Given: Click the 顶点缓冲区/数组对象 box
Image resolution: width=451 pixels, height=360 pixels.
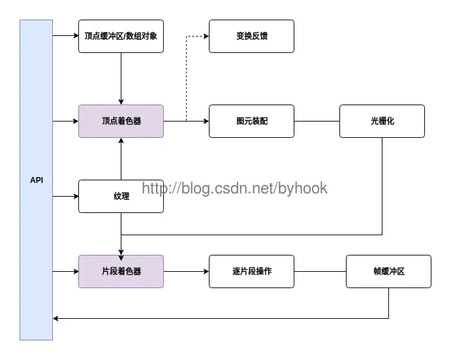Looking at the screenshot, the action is coord(121,37).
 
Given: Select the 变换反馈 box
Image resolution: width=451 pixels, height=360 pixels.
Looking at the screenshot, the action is coord(252,37).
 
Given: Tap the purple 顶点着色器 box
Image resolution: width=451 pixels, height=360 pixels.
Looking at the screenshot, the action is coord(121,122).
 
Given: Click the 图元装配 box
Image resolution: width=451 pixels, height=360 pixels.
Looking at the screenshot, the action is coord(252,122).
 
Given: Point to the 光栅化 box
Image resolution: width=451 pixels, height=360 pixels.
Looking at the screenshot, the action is coord(382,122).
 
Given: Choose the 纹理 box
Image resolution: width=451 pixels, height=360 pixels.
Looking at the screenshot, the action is coord(121,197).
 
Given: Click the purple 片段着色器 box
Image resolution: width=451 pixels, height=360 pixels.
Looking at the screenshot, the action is coord(121,271).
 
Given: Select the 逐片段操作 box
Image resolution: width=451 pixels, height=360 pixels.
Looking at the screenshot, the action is coord(252,271).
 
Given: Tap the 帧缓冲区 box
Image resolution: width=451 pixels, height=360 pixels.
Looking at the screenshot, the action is coord(388,271).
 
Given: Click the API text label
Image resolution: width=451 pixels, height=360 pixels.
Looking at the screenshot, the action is coord(37,180).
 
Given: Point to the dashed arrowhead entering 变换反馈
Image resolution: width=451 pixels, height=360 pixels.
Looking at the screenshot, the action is coord(206,37).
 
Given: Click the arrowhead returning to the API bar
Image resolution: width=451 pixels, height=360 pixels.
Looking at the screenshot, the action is coord(55,319).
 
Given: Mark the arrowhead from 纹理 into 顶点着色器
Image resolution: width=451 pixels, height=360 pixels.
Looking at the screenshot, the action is coord(121,140).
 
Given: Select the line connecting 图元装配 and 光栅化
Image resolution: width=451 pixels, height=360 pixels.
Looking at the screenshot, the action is coord(317,122).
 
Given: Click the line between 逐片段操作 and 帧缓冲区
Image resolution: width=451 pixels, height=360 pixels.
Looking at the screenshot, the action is coord(320,271).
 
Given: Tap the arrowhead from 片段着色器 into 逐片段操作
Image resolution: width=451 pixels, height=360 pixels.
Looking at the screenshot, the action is coord(206,271).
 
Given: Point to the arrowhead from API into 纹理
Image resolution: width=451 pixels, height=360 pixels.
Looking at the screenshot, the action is coord(76,197).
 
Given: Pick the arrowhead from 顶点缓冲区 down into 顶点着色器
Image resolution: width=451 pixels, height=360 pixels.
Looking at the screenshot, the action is coord(121,102).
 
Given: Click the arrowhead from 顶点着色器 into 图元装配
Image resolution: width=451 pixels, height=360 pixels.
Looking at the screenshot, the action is coord(206,122).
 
